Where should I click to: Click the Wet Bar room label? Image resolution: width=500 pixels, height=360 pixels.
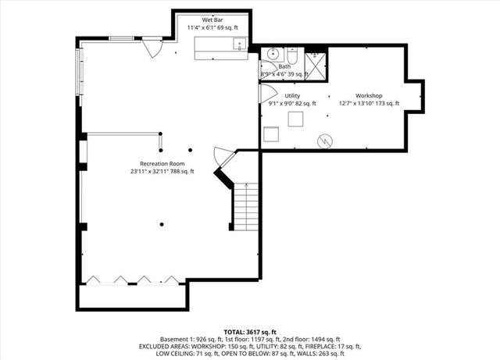point(213,19)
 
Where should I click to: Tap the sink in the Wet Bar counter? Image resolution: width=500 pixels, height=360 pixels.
point(237,44)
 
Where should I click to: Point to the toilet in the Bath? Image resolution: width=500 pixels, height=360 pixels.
point(291,57)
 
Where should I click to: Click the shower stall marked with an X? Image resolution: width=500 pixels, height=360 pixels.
point(316,59)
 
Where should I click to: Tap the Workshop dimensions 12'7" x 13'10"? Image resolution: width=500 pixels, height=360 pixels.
point(369,103)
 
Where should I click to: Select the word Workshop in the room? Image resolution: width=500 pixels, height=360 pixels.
point(369,95)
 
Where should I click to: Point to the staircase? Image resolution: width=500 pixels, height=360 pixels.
point(246,205)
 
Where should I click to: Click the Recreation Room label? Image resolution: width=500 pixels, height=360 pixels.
point(162,163)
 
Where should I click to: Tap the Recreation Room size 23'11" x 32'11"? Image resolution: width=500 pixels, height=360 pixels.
point(162,171)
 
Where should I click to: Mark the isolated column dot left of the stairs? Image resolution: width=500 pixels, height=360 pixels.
point(160,226)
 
